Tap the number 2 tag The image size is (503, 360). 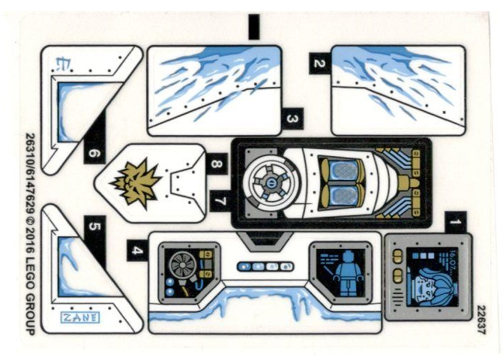(x=319, y=64)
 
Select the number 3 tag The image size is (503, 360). (x=291, y=118)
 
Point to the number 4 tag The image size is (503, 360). (x=136, y=250)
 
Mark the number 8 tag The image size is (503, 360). (x=217, y=163)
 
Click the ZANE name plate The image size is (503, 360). (x=79, y=317)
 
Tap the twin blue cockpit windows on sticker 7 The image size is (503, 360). (x=340, y=184)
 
